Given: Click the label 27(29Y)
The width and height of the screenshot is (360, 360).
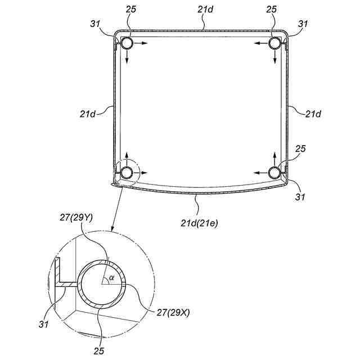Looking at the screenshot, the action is pyautogui.click(x=76, y=218).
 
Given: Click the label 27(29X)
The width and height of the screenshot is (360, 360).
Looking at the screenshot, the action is pyautogui.click(x=173, y=312).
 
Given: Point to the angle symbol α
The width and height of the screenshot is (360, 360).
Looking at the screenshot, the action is pyautogui.click(x=111, y=277).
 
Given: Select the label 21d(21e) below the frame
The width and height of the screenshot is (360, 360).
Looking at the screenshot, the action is pyautogui.click(x=199, y=223).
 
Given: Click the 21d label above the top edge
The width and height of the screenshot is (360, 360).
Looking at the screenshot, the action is pyautogui.click(x=205, y=10).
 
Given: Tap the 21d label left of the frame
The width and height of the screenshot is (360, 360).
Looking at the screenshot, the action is pyautogui.click(x=88, y=114).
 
